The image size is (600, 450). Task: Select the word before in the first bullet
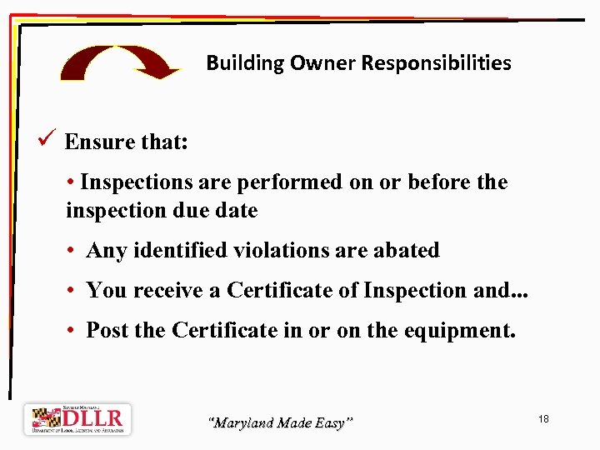(x=439, y=182)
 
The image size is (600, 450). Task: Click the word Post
(x=107, y=330)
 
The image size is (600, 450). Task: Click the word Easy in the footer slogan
(x=331, y=423)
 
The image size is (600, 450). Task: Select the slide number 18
(x=543, y=418)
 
